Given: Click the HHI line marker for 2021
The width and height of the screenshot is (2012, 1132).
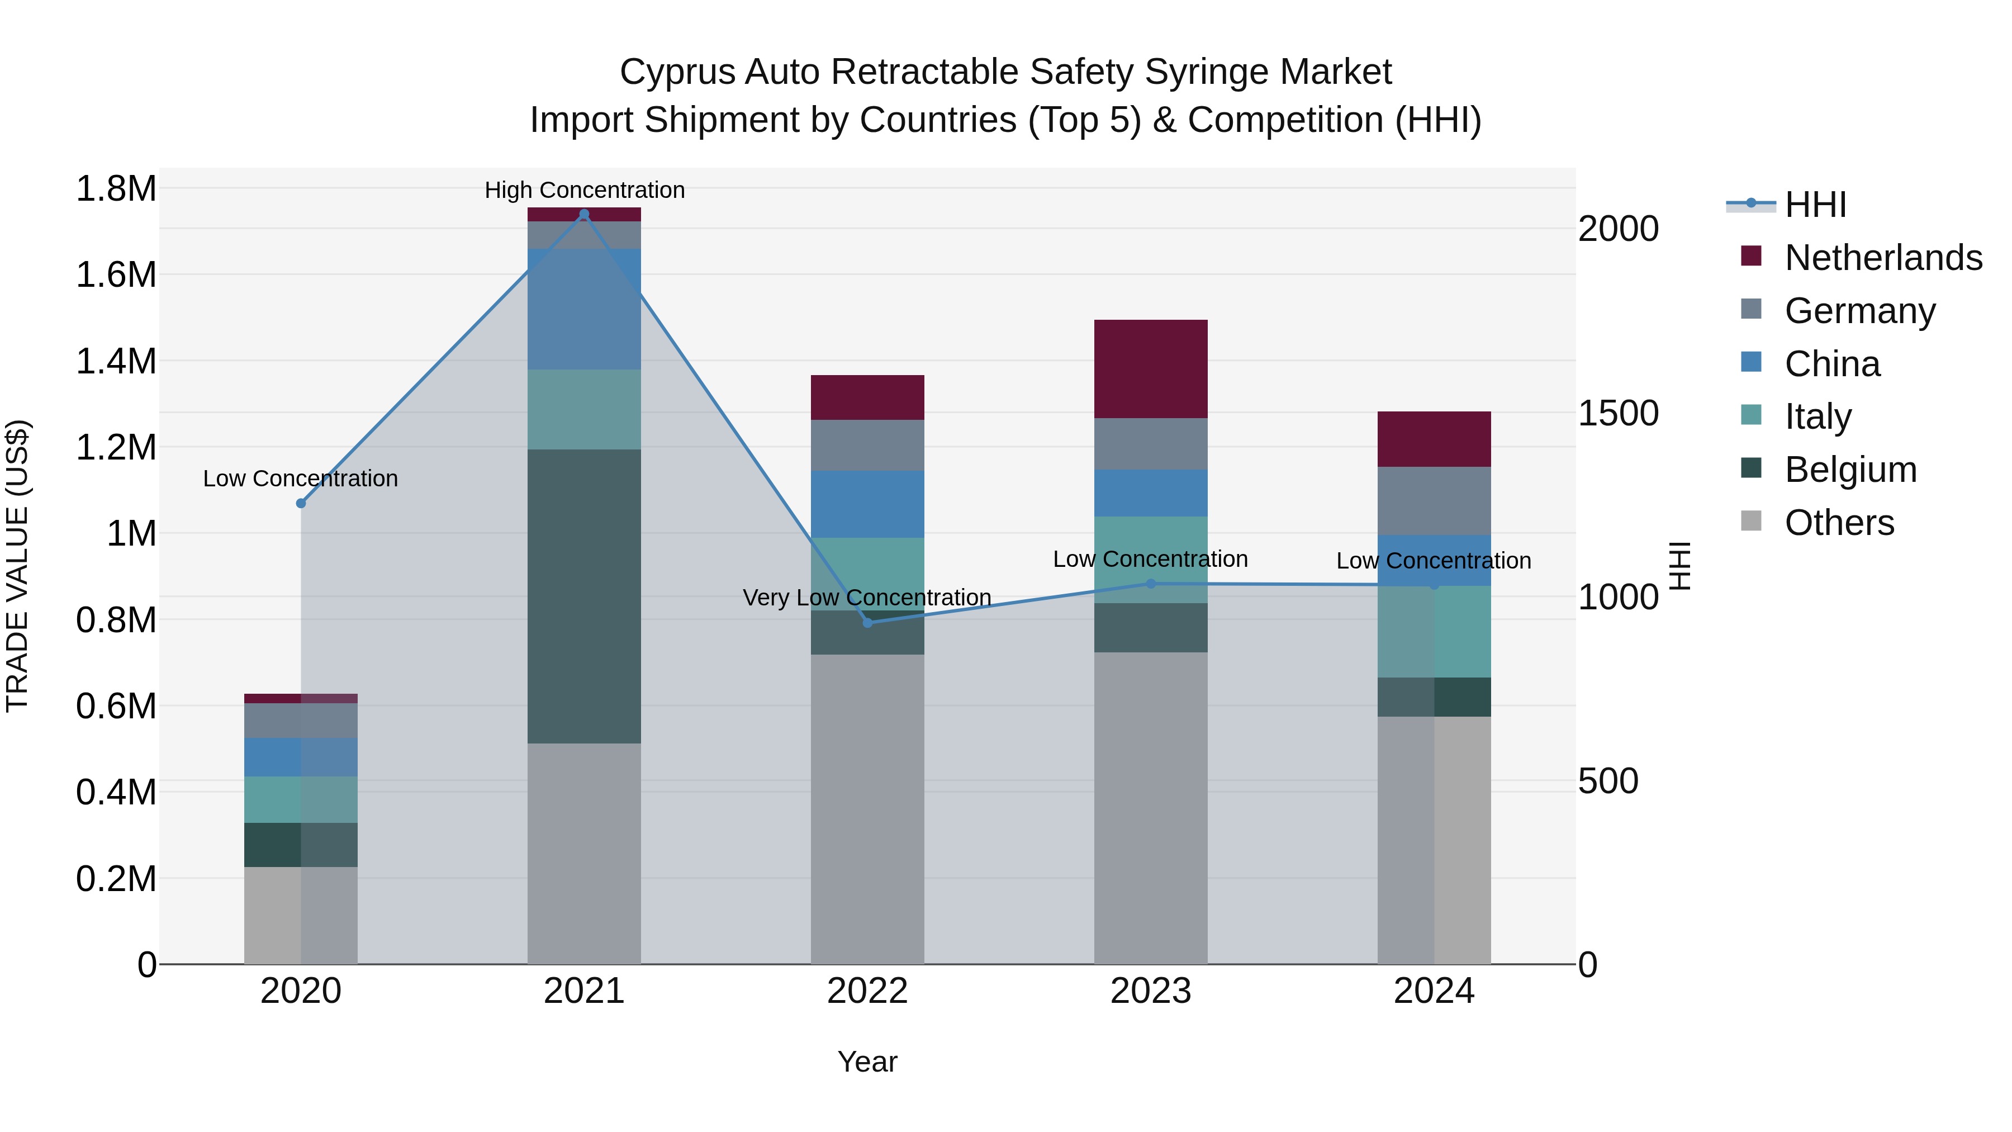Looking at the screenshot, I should click(584, 214).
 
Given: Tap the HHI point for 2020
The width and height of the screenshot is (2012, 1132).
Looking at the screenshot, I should click(301, 503).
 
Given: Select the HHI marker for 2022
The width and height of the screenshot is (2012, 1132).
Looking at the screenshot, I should click(867, 623).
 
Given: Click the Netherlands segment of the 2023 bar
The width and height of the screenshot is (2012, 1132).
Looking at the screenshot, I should click(1151, 369).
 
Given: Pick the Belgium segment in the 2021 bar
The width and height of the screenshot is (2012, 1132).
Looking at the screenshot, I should click(584, 596).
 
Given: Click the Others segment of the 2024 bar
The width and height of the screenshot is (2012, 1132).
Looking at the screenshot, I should click(1434, 840).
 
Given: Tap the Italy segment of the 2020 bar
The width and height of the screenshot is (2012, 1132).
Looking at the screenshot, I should click(301, 799).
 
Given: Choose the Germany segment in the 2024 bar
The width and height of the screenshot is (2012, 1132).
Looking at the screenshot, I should click(1434, 501).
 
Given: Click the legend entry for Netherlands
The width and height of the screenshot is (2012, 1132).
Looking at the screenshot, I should click(1883, 258).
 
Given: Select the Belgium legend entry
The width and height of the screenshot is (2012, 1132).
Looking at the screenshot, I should click(1850, 470).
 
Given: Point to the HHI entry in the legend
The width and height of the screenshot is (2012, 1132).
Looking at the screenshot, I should click(1815, 205).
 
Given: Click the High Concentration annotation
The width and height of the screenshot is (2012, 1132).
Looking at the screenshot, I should click(584, 190).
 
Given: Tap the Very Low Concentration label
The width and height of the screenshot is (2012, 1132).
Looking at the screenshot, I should click(867, 598).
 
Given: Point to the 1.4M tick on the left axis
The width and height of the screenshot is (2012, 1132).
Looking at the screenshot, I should click(116, 362).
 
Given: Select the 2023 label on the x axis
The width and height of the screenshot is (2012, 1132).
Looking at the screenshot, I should click(1151, 991).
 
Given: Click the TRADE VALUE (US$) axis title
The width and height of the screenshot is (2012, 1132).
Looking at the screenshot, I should click(17, 566).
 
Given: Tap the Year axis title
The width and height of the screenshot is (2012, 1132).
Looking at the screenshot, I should click(867, 1062).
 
